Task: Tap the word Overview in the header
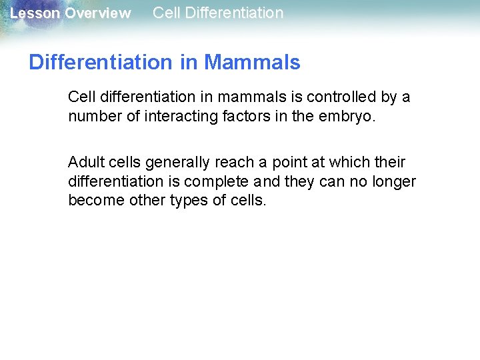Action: [x=97, y=13]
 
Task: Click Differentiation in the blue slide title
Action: [x=101, y=63]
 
